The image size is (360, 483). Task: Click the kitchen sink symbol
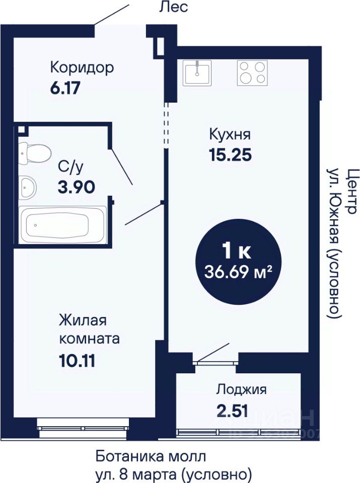(196, 72)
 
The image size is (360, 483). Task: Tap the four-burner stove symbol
(252, 72)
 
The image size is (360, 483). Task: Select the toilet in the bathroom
(34, 153)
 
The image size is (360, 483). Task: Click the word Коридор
(82, 68)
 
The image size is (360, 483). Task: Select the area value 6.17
(65, 88)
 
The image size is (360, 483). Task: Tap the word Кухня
(230, 135)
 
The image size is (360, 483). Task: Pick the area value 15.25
(230, 154)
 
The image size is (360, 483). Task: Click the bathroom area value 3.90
(76, 187)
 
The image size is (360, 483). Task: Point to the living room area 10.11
(77, 361)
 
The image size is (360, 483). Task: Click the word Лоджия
(241, 390)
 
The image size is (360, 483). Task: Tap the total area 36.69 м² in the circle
(239, 272)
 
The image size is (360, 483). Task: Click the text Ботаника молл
(151, 456)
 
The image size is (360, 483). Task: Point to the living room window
(84, 428)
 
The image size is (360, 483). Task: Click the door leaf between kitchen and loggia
(213, 352)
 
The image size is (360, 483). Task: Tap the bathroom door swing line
(122, 167)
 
